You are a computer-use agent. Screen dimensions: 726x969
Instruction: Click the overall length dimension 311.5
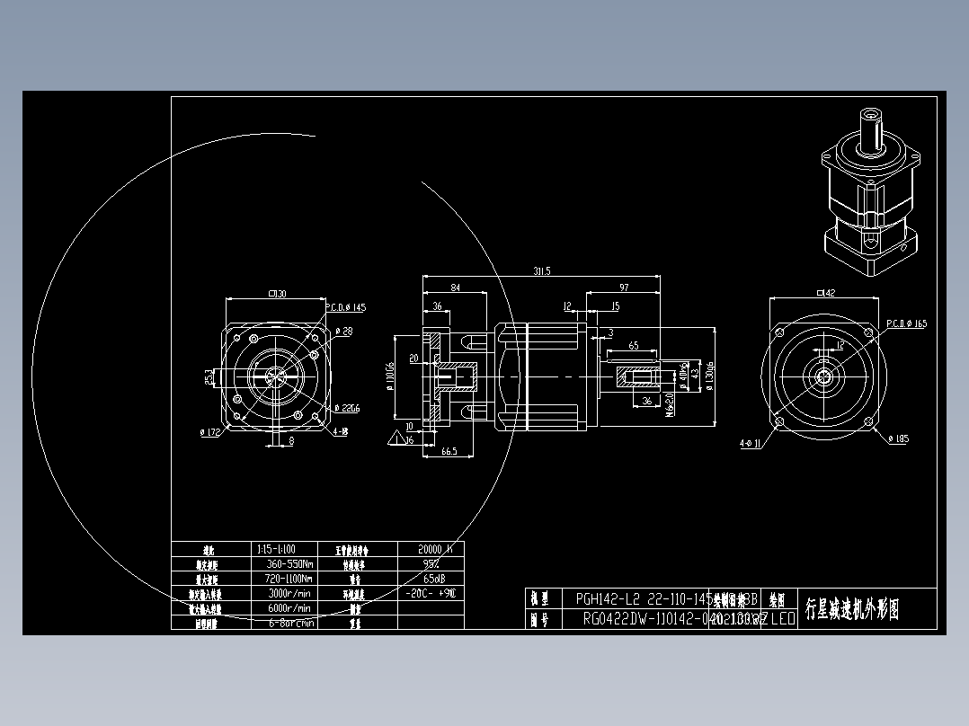pyautogui.click(x=541, y=270)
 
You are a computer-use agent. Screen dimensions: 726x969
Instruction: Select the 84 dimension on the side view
pyautogui.click(x=455, y=288)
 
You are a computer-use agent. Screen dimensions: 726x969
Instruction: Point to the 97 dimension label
pyautogui.click(x=624, y=288)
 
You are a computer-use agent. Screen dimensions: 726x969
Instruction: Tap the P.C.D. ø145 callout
pyautogui.click(x=346, y=307)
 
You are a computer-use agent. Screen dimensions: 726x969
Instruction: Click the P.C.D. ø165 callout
pyautogui.click(x=906, y=323)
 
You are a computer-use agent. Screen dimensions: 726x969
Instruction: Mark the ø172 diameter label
pyautogui.click(x=210, y=432)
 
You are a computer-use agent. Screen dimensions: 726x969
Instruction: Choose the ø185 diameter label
pyautogui.click(x=898, y=438)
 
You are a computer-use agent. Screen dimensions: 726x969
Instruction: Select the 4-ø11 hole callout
pyautogui.click(x=751, y=443)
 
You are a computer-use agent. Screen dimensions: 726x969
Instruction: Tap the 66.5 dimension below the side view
pyautogui.click(x=449, y=451)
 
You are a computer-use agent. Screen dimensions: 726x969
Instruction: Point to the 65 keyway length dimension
pyautogui.click(x=634, y=345)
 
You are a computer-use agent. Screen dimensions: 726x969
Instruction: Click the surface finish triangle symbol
pyautogui.click(x=394, y=438)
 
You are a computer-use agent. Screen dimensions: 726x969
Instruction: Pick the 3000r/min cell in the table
pyautogui.click(x=289, y=593)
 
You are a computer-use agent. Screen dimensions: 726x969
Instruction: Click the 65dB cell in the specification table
pyautogui.click(x=431, y=578)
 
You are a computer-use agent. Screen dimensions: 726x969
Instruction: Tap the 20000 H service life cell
pyautogui.click(x=431, y=548)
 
